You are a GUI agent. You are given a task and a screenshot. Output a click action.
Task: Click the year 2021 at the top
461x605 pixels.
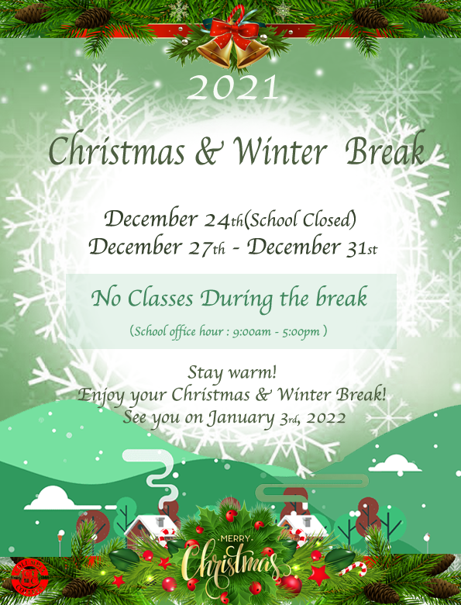232,88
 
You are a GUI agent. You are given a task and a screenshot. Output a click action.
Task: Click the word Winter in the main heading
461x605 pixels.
280,151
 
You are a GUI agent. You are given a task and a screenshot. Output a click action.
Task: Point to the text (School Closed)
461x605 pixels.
300,220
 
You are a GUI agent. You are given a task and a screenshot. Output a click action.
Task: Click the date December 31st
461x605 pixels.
311,247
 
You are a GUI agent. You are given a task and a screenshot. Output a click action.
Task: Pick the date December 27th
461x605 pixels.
157,247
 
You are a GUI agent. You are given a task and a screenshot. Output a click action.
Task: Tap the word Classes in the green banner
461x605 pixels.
160,299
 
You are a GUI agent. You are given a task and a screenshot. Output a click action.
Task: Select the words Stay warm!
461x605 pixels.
232,373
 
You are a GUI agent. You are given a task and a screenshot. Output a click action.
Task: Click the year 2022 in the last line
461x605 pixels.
326,418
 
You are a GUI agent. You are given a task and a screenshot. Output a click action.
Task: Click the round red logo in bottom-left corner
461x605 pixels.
29,579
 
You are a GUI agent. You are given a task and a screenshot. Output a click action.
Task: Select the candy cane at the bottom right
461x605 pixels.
353,569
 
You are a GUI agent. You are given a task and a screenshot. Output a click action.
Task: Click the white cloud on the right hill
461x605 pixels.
394,463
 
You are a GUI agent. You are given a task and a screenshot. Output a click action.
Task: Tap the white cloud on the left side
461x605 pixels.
50,498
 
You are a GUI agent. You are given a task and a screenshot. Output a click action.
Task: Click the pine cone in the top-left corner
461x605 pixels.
29,13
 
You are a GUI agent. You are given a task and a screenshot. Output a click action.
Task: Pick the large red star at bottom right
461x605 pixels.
319,575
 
